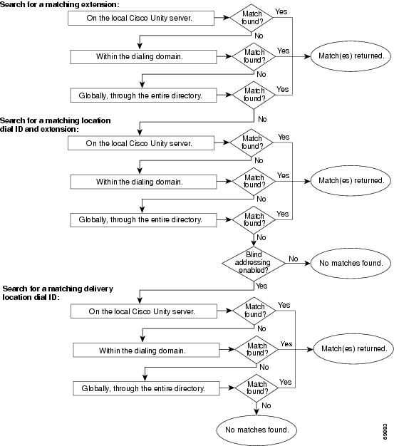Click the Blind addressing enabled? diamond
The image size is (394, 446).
pyautogui.click(x=254, y=263)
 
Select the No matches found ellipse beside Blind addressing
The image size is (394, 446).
pyautogui.click(x=351, y=263)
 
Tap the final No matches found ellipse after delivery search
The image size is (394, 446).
pyautogui.click(x=256, y=430)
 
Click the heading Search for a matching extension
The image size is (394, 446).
pyautogui.click(x=59, y=4)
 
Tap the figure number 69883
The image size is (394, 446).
pyautogui.click(x=385, y=432)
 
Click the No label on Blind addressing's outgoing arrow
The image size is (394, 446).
pyautogui.click(x=294, y=259)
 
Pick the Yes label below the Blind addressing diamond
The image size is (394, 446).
pyautogui.click(x=261, y=286)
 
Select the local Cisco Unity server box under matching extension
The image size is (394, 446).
pyautogui.click(x=141, y=19)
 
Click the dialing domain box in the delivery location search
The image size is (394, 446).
pyautogui.click(x=146, y=350)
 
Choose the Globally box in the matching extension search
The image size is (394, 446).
pyautogui.click(x=143, y=95)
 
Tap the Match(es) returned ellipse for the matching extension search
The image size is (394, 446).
pyautogui.click(x=351, y=56)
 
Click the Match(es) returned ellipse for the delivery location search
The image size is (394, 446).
pyautogui.click(x=353, y=348)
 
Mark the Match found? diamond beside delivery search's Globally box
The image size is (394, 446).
pyautogui.click(x=256, y=388)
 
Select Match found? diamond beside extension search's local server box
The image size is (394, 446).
pyautogui.click(x=252, y=18)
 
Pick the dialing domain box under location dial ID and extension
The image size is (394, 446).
pyautogui.click(x=143, y=182)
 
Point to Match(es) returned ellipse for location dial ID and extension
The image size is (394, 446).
pyautogui.click(x=351, y=181)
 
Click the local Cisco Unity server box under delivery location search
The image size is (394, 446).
pyautogui.click(x=144, y=311)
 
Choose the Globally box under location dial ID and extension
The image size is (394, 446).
pyautogui.click(x=143, y=220)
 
